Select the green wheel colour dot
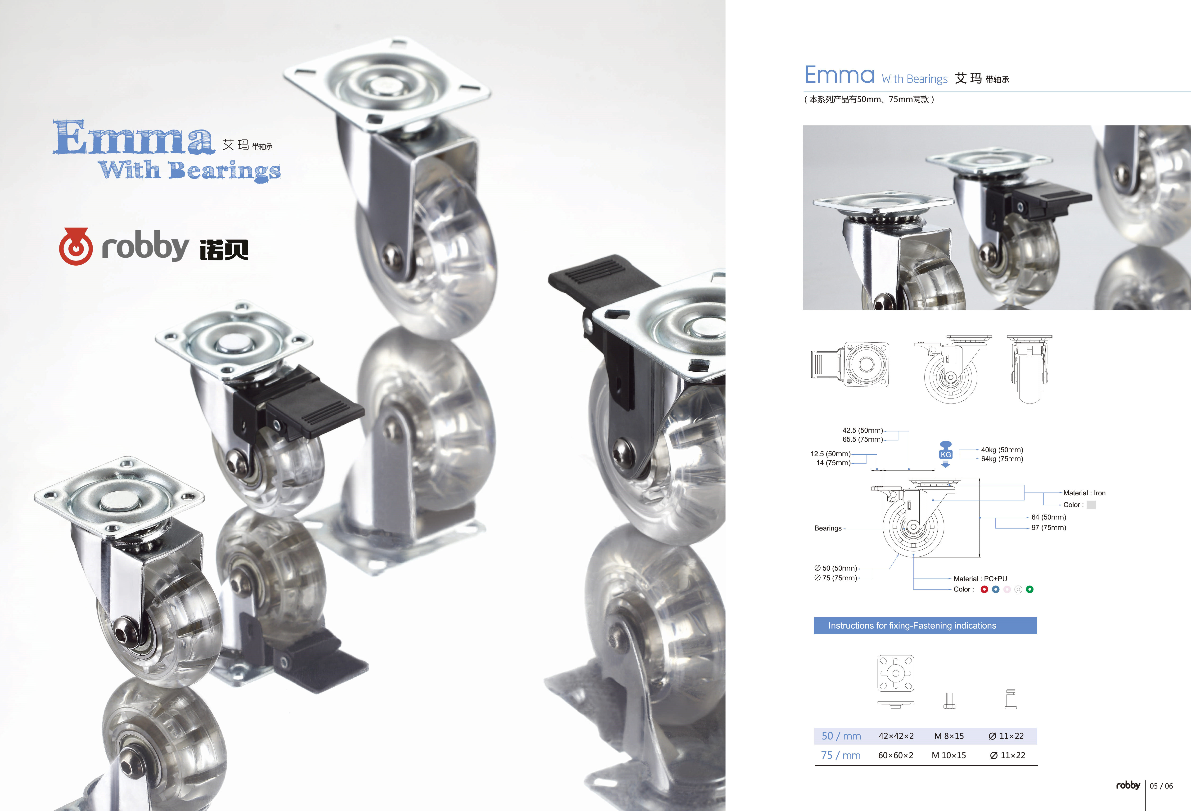pos(1029,589)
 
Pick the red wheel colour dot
pos(984,589)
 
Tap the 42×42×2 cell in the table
pos(896,736)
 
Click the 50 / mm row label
pos(841,736)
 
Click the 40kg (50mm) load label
pos(1002,450)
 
